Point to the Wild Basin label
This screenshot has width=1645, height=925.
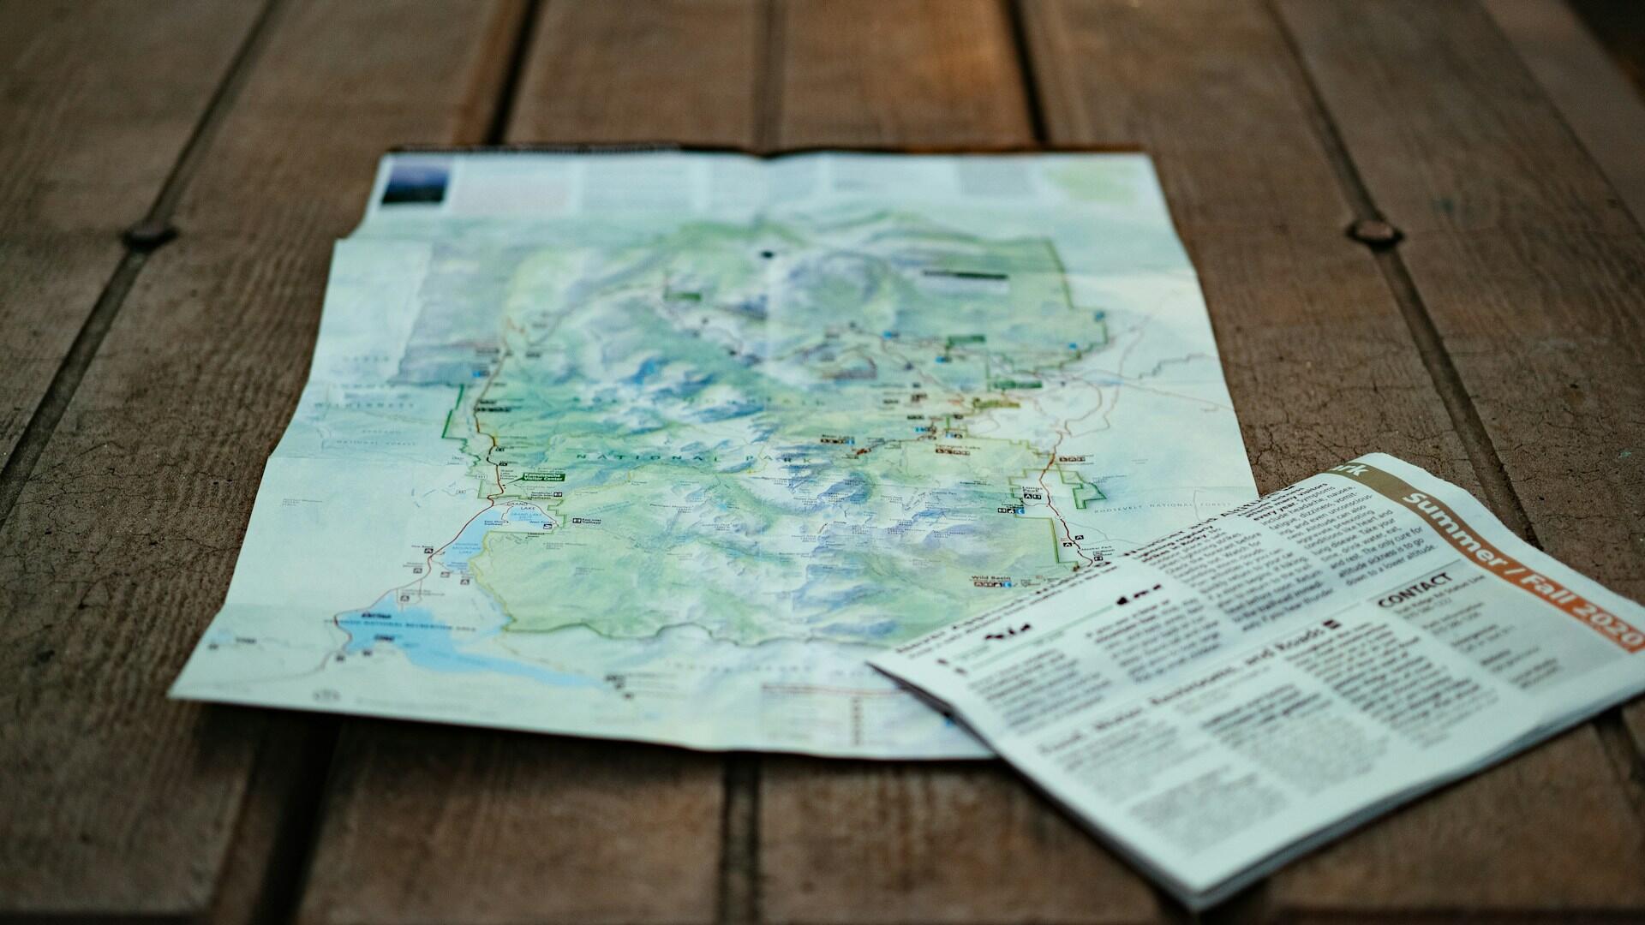tap(989, 580)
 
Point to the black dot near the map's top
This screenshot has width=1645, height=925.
tap(766, 254)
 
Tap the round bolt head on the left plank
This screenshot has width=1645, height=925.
tap(150, 234)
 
